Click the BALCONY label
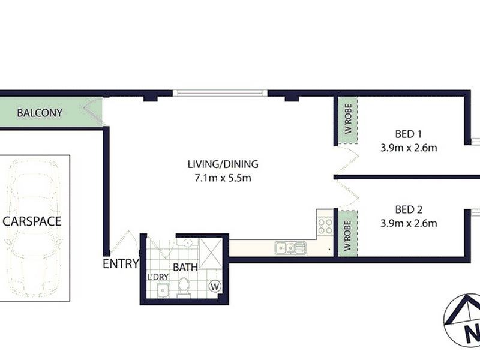tap(40, 113)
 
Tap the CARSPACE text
tap(32, 221)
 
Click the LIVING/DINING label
tap(223, 164)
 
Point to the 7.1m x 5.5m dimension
tap(223, 178)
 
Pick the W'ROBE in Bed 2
tap(347, 233)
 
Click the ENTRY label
tap(121, 263)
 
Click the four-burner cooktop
tap(325, 226)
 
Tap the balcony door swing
tap(93, 114)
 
